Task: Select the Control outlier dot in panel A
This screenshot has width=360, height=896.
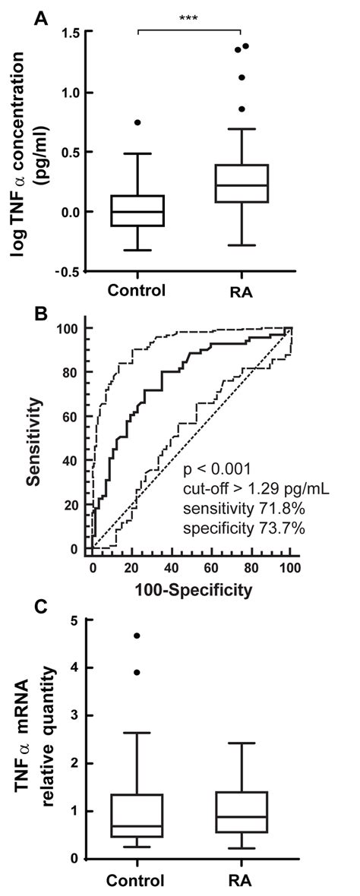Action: [x=137, y=122]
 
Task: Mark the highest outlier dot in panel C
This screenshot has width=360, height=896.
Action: [x=137, y=636]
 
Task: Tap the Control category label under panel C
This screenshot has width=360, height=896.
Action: [x=137, y=881]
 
